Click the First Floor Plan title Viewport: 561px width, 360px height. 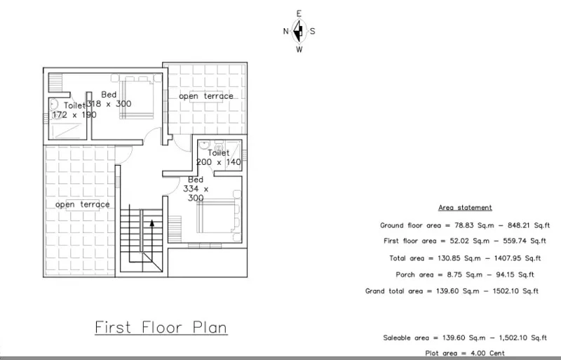tap(161, 328)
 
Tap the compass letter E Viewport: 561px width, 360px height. tap(299, 14)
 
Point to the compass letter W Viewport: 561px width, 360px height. tap(299, 49)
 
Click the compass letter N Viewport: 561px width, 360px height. tap(286, 31)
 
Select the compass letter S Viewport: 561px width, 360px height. tap(312, 31)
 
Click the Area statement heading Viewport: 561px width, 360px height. tap(465, 208)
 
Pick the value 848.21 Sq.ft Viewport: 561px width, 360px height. tap(529, 225)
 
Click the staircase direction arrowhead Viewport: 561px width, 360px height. tap(152, 223)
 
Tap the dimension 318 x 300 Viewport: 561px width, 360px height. tap(109, 104)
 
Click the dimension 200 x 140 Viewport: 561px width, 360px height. tap(219, 162)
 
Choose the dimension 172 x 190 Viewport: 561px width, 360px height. tap(74, 115)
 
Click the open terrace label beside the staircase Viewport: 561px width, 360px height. tap(83, 204)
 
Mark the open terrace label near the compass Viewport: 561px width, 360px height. tap(206, 96)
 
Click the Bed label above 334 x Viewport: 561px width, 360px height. tap(196, 180)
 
